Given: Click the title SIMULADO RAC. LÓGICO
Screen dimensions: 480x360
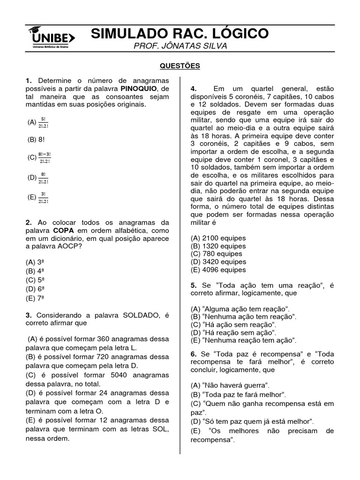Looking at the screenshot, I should point(180,34).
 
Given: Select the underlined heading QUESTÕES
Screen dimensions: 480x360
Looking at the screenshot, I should point(180,66).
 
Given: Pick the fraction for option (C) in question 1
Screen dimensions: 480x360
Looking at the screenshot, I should point(45,157).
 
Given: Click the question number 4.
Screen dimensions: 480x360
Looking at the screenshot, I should point(194,89).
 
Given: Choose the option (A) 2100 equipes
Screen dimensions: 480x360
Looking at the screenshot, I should point(218,238).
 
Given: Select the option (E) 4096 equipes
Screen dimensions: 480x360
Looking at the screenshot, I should point(218,270).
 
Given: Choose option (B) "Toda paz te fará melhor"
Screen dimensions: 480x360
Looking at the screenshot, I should point(239,394).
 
